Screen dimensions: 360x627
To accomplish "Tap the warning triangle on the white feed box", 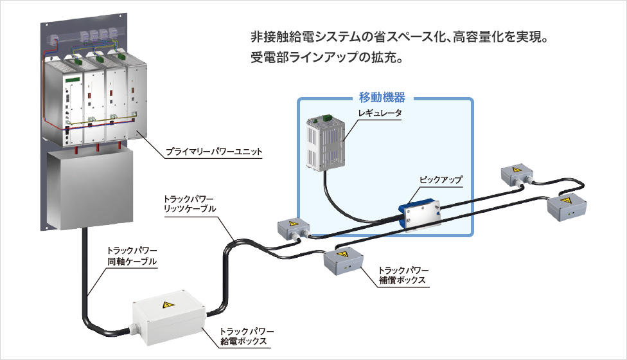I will [x=168, y=305].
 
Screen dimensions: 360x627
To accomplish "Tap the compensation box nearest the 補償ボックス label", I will [x=342, y=261].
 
